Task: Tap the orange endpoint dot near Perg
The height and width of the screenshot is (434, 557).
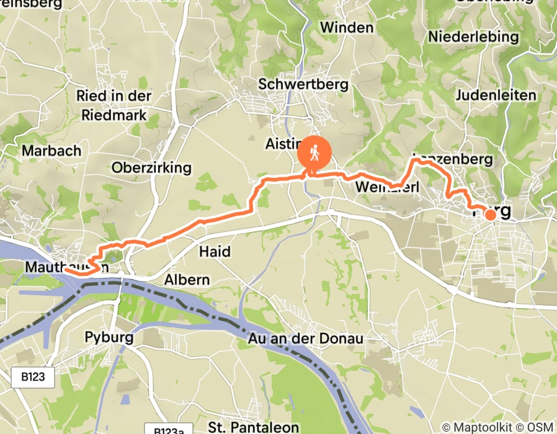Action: tap(490, 215)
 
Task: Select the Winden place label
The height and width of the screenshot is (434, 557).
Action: tap(347, 27)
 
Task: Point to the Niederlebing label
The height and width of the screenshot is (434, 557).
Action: tap(473, 37)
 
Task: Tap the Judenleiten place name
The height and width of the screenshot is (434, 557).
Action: tap(495, 95)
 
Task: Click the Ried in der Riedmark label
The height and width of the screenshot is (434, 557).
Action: tap(114, 105)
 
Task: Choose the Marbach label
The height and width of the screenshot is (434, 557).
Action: tap(51, 151)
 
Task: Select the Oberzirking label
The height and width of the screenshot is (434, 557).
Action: tap(151, 168)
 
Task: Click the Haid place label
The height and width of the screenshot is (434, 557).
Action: tap(215, 251)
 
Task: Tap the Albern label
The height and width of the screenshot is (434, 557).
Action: tap(187, 280)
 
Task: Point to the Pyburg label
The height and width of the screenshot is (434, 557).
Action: tap(109, 338)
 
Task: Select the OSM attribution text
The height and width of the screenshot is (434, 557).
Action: tap(540, 427)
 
